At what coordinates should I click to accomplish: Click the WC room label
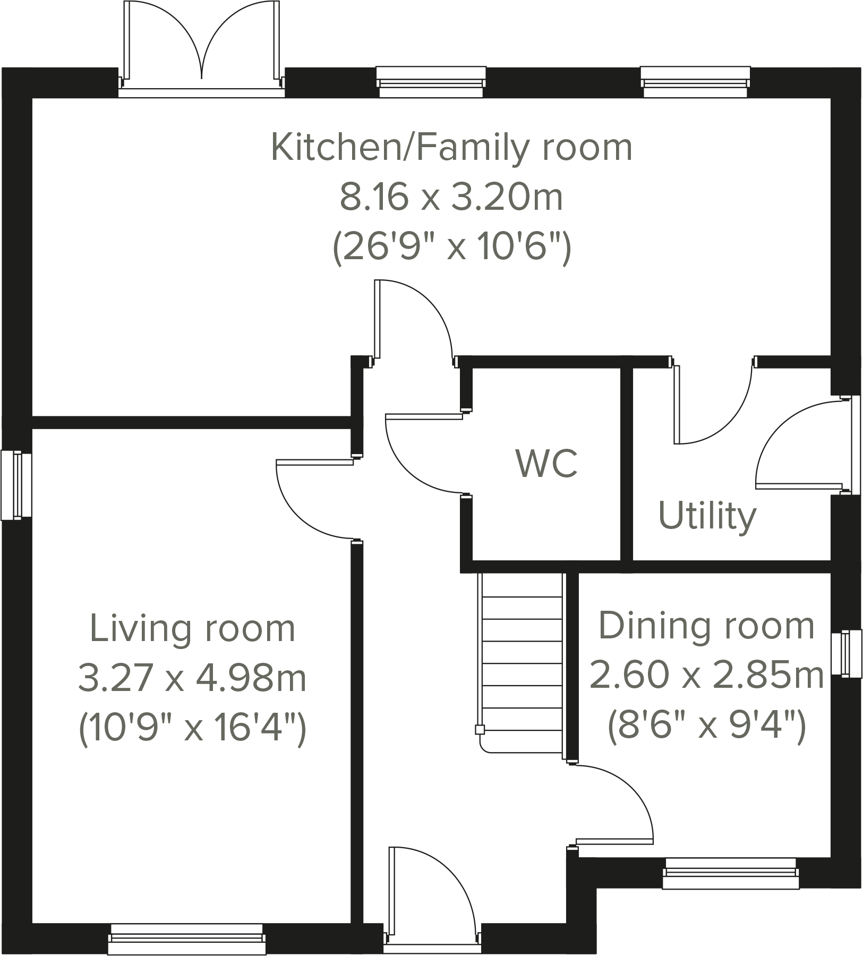[x=546, y=463]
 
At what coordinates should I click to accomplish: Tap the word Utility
[x=707, y=516]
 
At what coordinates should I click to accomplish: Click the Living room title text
[x=192, y=629]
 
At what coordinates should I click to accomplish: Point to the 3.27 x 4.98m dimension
[x=192, y=678]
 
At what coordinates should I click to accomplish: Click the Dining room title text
[x=706, y=626]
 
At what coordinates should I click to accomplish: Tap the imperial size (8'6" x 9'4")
[x=706, y=724]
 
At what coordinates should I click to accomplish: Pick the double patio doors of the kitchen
[x=201, y=48]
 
